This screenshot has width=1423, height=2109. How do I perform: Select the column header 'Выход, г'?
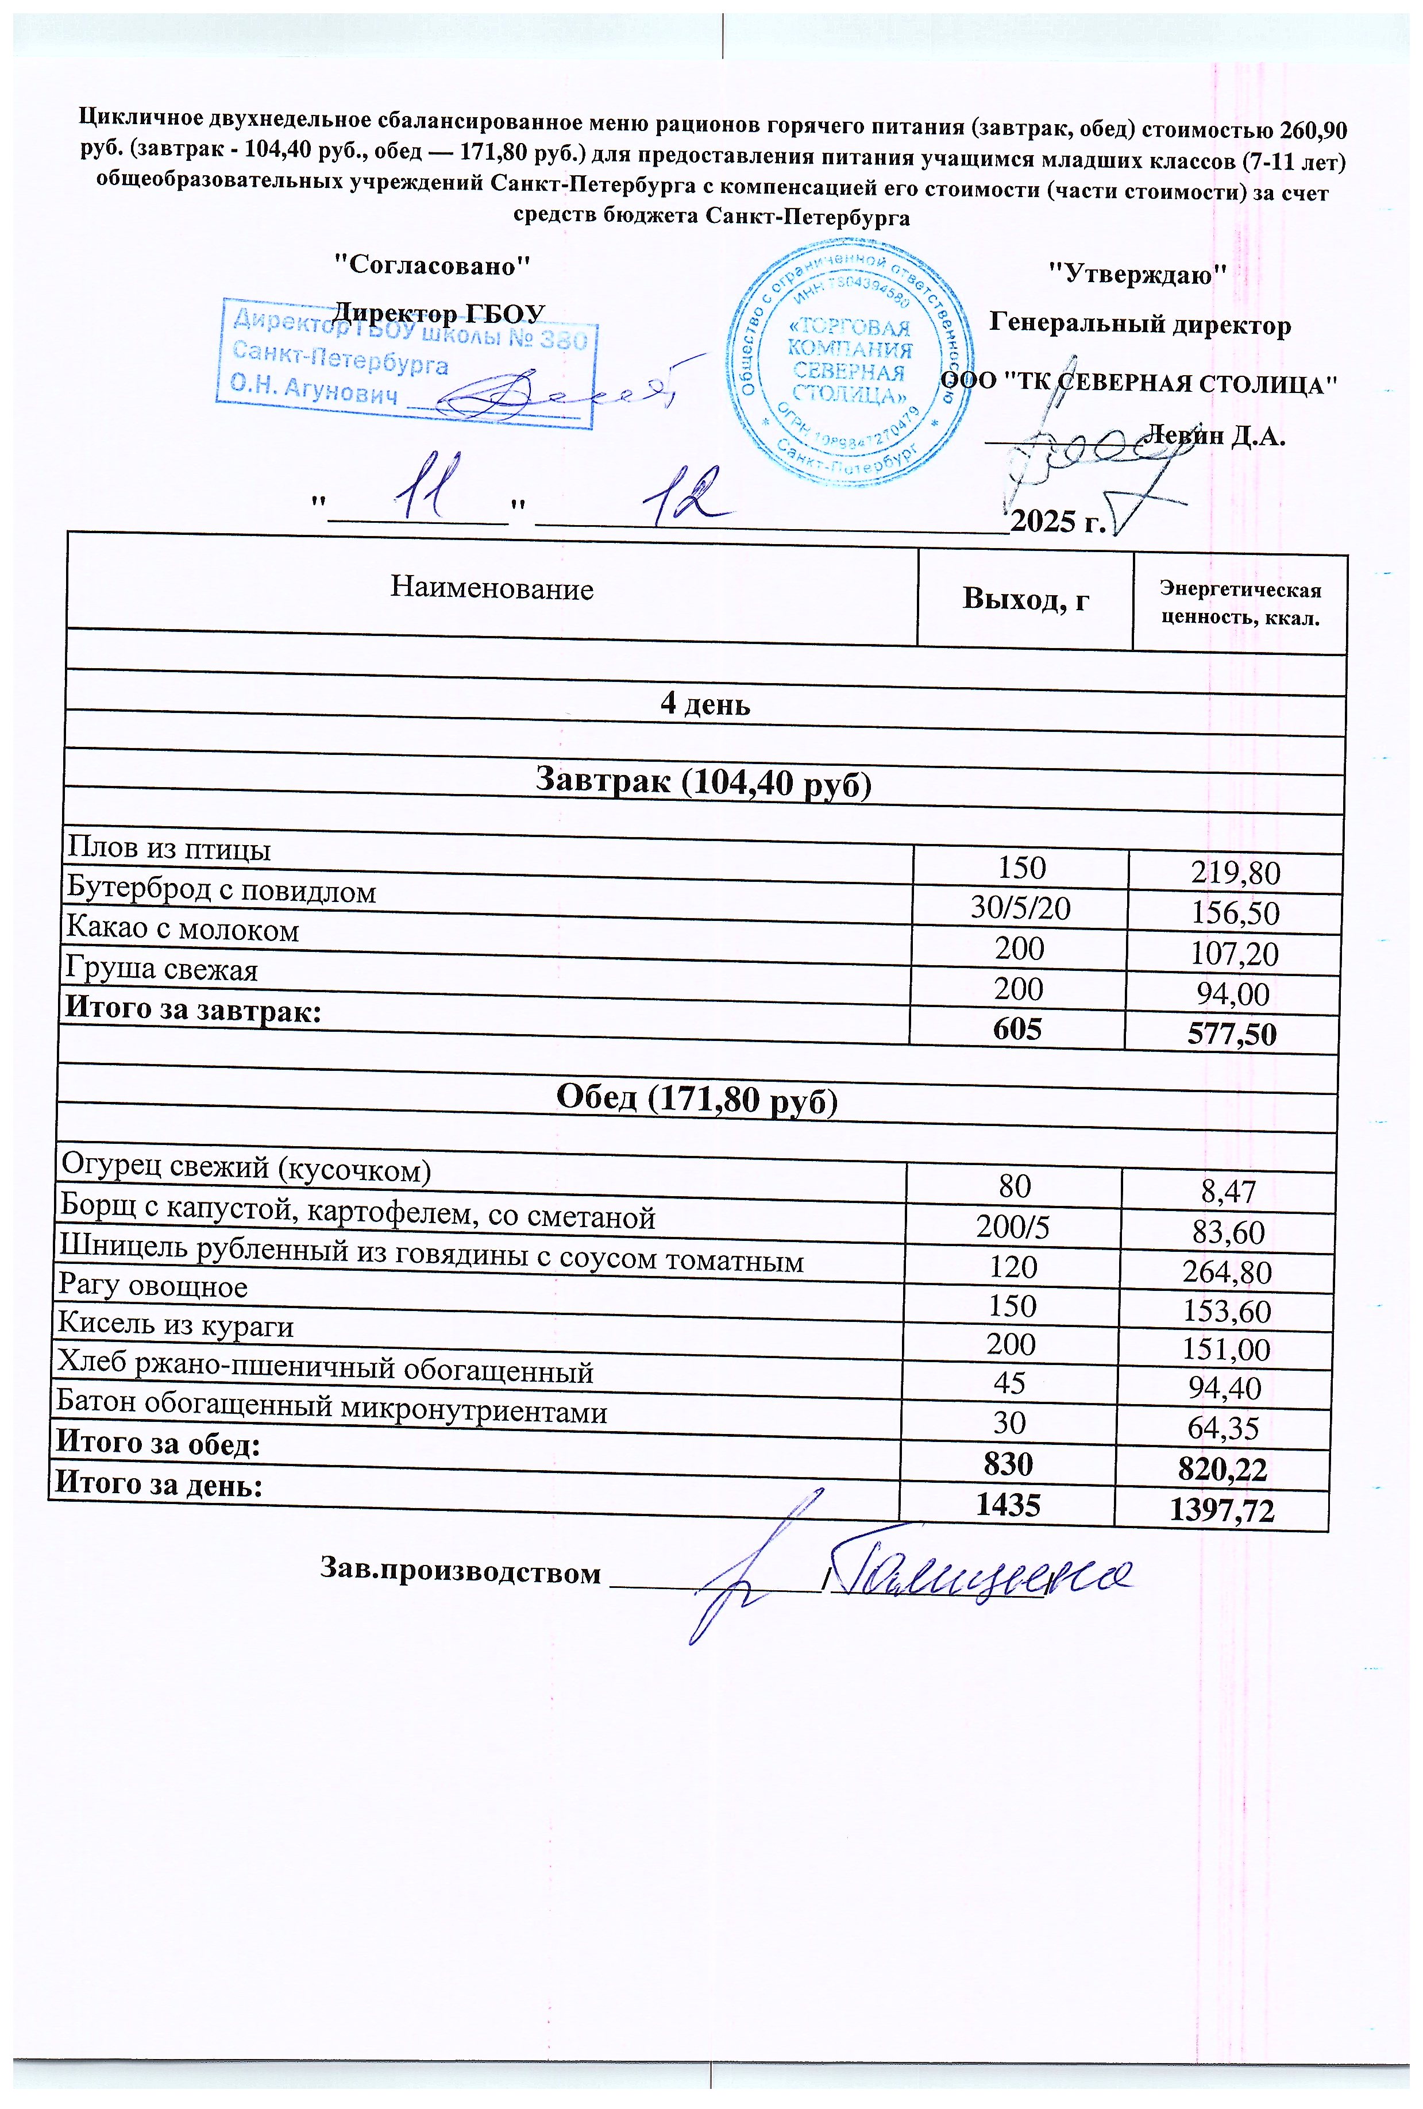tap(1025, 600)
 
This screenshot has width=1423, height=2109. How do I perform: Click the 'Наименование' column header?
tap(492, 589)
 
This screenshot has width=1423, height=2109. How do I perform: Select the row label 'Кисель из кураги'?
tap(176, 1326)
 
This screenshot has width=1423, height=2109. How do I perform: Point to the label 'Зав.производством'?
tap(461, 1571)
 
